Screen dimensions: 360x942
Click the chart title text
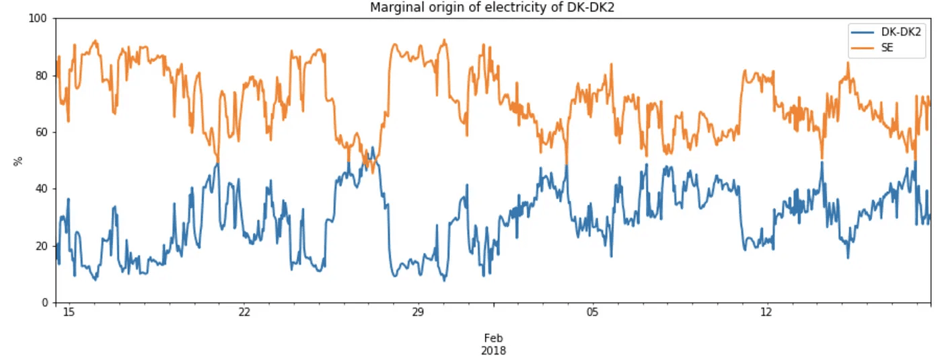coord(493,7)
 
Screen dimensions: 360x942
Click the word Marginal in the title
coord(394,7)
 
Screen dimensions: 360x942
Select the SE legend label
coord(887,47)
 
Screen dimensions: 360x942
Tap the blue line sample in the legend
coord(863,32)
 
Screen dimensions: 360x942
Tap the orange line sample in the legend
coord(863,47)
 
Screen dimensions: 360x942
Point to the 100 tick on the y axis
coord(38,19)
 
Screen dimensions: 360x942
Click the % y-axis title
coord(18,161)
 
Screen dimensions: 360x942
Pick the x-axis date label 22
coord(244,313)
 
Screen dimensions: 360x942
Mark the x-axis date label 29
coord(417,313)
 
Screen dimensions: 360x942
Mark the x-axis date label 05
coord(591,313)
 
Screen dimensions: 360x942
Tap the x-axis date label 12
coord(766,313)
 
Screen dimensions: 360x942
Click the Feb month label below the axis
coord(493,338)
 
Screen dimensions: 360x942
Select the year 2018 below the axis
coord(493,351)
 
